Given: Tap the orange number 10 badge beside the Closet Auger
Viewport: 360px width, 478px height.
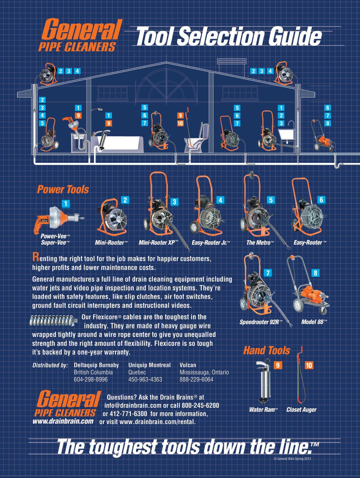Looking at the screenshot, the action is pos(309,365).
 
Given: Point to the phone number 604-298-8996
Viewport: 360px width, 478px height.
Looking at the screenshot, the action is pos(91,379).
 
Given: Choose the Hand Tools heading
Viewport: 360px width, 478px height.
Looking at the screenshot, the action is pos(266,350).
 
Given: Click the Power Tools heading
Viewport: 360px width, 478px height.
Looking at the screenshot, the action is pos(63,189).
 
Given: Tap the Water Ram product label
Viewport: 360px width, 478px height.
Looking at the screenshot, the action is pos(264,410).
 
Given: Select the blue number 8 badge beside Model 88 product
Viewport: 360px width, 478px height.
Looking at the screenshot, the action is pos(315,273).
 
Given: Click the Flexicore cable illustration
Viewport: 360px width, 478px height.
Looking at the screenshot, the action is pos(54,320).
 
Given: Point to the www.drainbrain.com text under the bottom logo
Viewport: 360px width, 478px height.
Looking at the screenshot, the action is pos(63,421).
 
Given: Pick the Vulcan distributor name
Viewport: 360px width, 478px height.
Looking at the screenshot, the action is pos(188,365).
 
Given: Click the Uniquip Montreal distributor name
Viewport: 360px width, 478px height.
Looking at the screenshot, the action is pos(149,365).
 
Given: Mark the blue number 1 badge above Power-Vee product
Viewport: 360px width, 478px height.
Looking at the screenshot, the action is pos(66,204).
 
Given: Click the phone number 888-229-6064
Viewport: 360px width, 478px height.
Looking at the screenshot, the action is pos(196,379).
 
